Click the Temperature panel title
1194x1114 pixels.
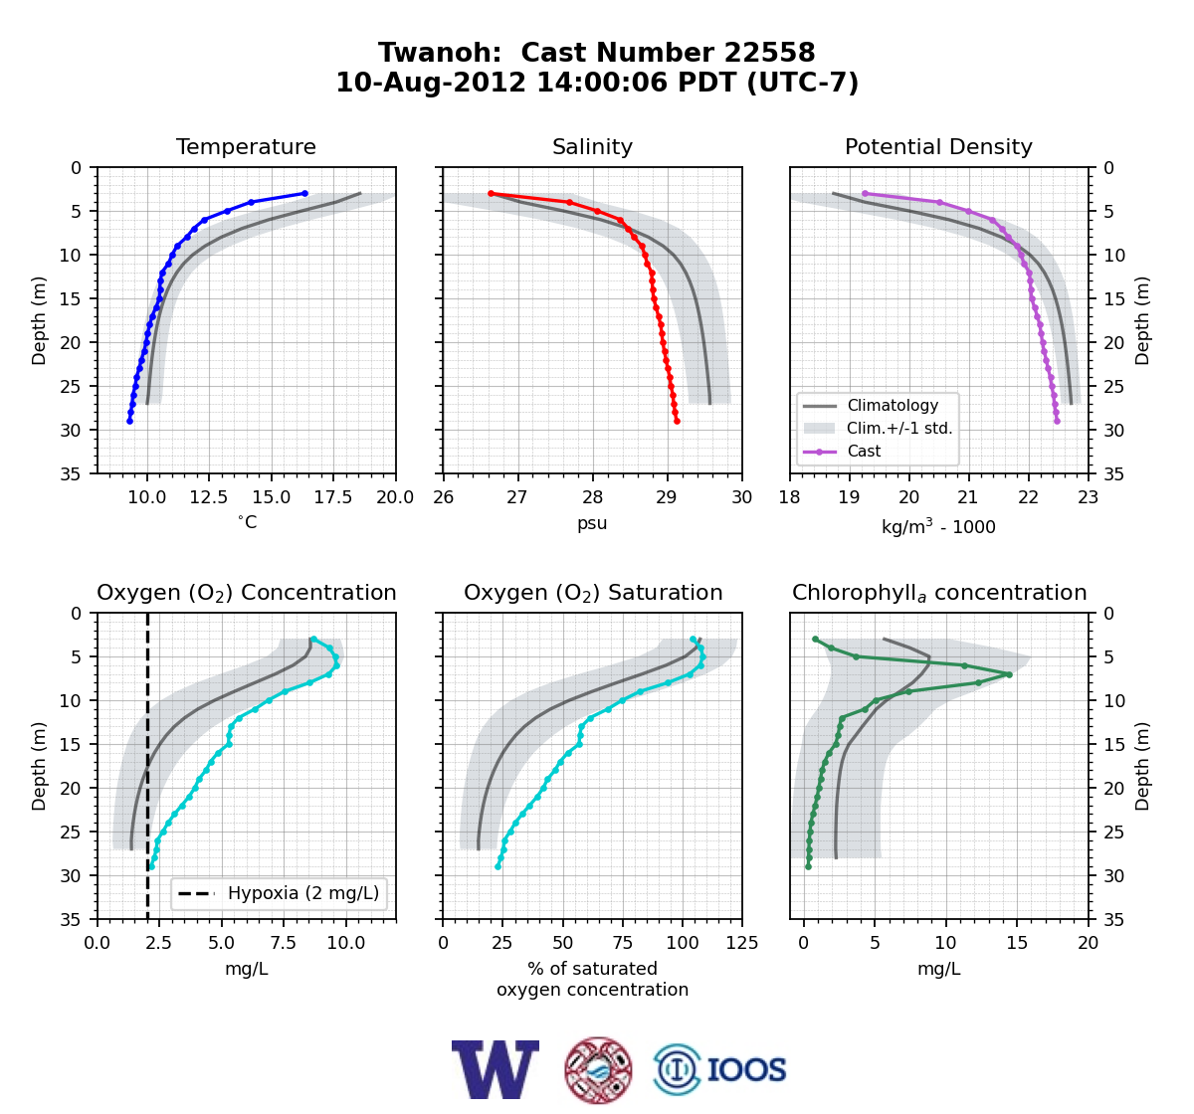246,146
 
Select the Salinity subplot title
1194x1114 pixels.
592,146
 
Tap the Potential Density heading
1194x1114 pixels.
938,146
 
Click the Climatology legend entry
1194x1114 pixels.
893,405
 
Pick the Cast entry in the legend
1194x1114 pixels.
864,451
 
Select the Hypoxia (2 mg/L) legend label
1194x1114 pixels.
303,893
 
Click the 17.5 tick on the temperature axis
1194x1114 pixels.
333,497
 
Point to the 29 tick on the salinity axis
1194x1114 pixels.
667,497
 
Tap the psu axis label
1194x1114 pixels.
592,523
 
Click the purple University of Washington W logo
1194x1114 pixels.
496,1069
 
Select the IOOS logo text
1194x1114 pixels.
746,1069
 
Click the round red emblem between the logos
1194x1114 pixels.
598,1070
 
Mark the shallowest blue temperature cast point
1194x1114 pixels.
304,194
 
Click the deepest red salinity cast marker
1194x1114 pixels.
677,422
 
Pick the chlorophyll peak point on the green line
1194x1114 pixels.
1010,674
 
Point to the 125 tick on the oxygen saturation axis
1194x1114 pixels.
742,943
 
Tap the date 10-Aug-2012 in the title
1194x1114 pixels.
431,82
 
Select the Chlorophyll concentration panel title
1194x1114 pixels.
939,593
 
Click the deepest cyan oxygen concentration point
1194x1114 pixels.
151,867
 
